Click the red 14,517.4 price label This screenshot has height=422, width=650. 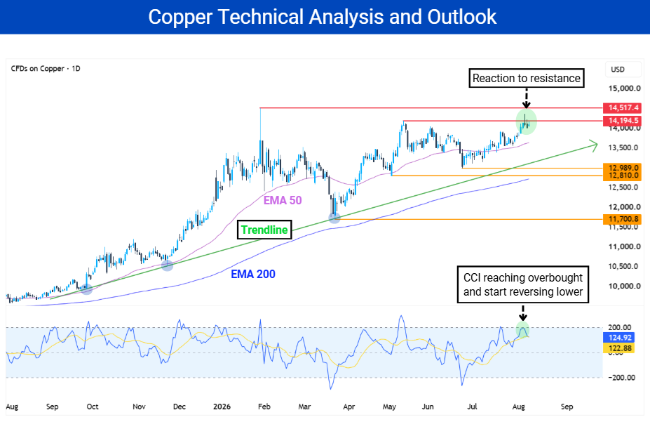pyautogui.click(x=623, y=108)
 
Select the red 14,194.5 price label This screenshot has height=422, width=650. pyautogui.click(x=623, y=121)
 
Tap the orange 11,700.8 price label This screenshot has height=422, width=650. pyautogui.click(x=623, y=219)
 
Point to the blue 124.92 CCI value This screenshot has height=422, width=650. pyautogui.click(x=619, y=338)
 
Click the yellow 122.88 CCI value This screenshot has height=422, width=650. pyautogui.click(x=619, y=348)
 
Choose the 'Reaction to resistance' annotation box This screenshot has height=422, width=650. pyautogui.click(x=527, y=79)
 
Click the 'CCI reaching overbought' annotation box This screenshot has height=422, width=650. pyautogui.click(x=523, y=284)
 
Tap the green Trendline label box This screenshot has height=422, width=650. pyautogui.click(x=264, y=230)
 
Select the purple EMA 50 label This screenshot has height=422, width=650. pyautogui.click(x=283, y=200)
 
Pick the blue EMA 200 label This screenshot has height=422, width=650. pyautogui.click(x=253, y=274)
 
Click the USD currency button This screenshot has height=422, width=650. pyautogui.click(x=618, y=70)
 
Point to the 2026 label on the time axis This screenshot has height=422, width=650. pyautogui.click(x=222, y=407)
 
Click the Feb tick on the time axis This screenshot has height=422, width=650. pyautogui.click(x=264, y=407)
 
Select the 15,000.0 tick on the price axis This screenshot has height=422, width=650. pyautogui.click(x=624, y=88)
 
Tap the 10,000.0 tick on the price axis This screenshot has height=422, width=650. pyautogui.click(x=624, y=286)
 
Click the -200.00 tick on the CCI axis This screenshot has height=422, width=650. pyautogui.click(x=621, y=378)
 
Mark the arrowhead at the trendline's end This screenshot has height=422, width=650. pyautogui.click(x=595, y=145)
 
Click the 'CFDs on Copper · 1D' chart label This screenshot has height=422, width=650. pyautogui.click(x=46, y=69)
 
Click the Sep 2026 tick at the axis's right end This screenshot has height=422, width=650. pyautogui.click(x=567, y=407)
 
